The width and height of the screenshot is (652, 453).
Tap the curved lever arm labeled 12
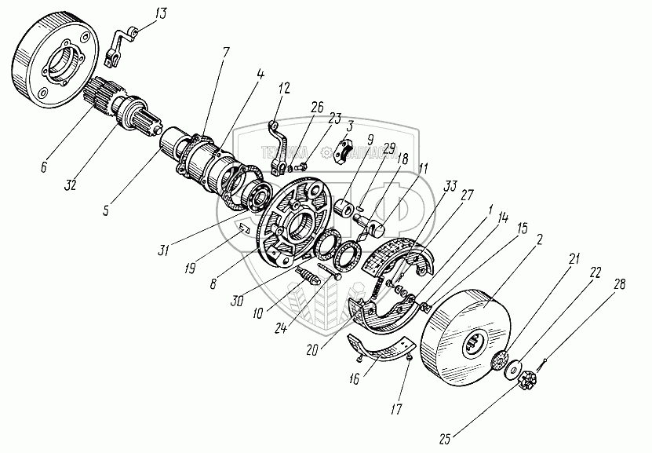tap(277, 144)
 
